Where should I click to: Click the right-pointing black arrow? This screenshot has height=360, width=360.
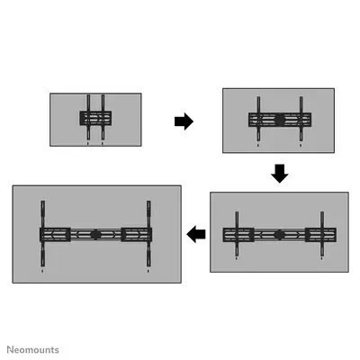[184, 121]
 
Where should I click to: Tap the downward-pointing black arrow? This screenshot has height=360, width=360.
[280, 174]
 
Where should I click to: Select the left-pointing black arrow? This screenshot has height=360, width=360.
[196, 234]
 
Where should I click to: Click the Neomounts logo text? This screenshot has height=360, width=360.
[33, 350]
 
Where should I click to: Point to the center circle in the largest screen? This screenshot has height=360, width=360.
[95, 235]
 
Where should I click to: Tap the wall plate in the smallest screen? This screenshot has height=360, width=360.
[95, 118]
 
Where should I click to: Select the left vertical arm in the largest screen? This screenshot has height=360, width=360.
[43, 234]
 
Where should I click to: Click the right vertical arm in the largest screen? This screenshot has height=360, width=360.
[148, 234]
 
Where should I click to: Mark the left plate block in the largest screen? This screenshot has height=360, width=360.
[55, 235]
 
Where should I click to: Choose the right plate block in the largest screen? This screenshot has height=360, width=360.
[137, 235]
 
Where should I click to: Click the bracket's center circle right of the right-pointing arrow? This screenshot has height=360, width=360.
[280, 120]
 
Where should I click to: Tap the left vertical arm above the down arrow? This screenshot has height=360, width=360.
[258, 119]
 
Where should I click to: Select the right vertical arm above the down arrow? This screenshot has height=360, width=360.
[301, 119]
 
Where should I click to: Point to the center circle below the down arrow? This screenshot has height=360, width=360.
[279, 235]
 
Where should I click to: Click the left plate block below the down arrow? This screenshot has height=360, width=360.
[238, 235]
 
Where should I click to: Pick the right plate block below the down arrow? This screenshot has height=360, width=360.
[320, 235]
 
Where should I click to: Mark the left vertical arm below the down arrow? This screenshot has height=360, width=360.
[237, 234]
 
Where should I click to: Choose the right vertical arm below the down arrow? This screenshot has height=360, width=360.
[322, 234]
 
